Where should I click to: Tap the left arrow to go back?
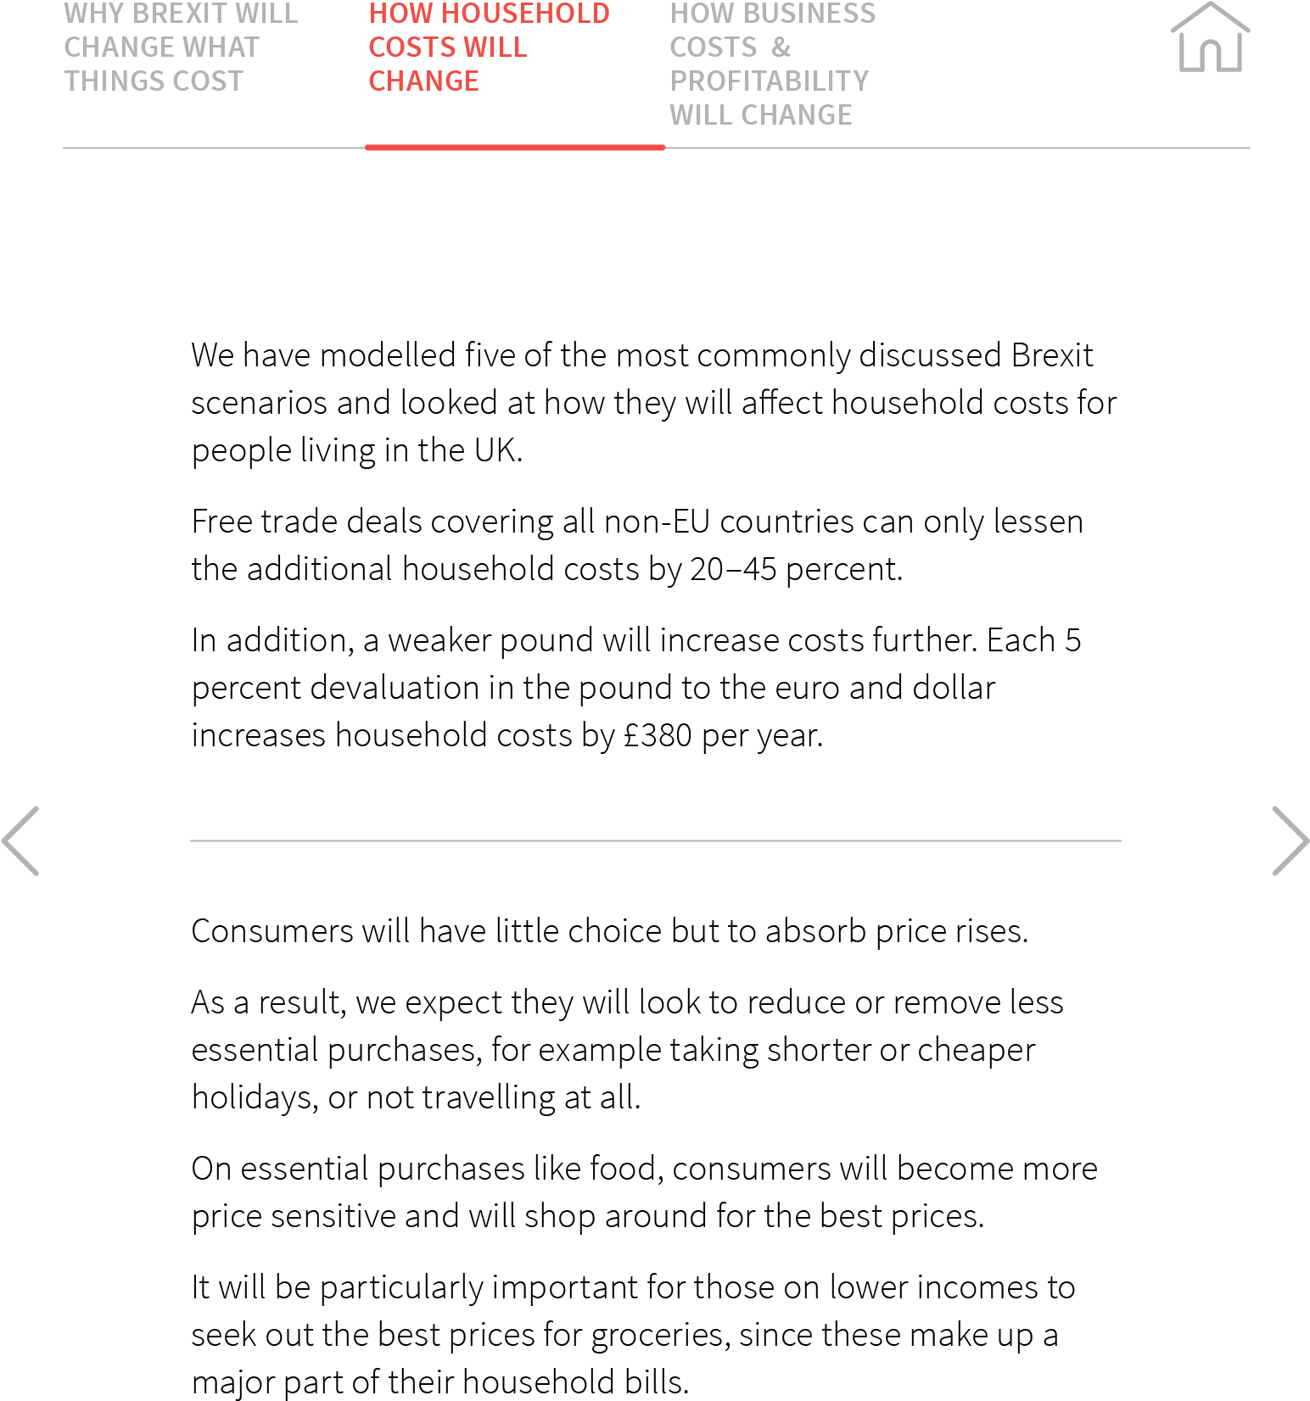click(x=20, y=840)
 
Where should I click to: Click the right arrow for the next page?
click(x=1290, y=840)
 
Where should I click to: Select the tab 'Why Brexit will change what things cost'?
click(x=181, y=47)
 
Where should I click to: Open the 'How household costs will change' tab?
click(x=489, y=47)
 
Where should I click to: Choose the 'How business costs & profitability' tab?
click(x=772, y=64)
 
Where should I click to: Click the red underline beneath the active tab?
click(x=515, y=148)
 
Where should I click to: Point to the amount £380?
click(x=658, y=734)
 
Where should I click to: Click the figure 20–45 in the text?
click(x=733, y=568)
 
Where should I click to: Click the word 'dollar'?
click(x=954, y=687)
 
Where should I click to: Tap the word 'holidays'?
click(x=255, y=1097)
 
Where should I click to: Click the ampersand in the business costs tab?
click(x=781, y=47)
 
